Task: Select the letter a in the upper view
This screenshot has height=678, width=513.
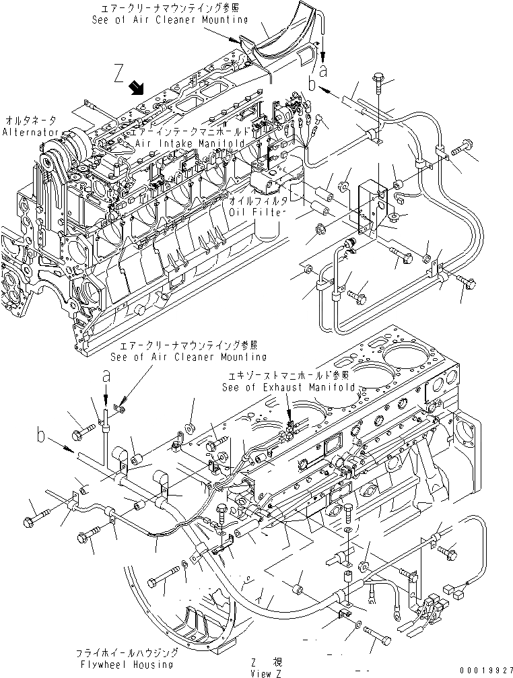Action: coord(324,69)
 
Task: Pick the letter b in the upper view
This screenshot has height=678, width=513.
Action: coord(312,84)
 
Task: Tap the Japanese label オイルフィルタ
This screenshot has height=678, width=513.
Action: coord(258,201)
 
